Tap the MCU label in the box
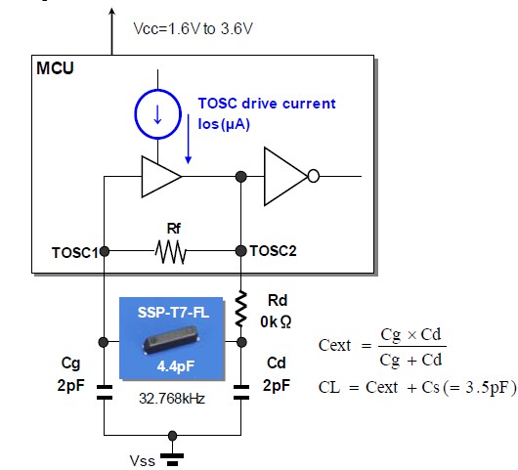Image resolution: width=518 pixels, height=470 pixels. tap(55, 68)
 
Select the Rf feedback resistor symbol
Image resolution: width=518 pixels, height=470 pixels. tap(170, 252)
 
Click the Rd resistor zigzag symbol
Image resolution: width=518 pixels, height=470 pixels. tap(241, 309)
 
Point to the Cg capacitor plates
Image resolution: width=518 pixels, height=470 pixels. tap(104, 392)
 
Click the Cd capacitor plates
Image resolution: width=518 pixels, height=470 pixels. tap(241, 392)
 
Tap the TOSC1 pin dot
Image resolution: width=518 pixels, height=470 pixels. tap(104, 252)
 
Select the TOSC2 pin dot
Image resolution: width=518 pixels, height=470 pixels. tap(241, 251)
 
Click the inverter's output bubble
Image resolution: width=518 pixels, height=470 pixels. tap(314, 176)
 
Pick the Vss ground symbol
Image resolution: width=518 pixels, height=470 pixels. tap(172, 459)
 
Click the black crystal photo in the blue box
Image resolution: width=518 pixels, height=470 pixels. tap(169, 339)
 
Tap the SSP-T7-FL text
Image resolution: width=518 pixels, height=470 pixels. tap(173, 313)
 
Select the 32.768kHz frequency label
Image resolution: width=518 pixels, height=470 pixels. tap(172, 399)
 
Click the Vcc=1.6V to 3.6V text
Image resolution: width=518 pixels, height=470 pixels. tap(193, 28)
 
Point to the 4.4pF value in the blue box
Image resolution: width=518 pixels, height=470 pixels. tap(175, 366)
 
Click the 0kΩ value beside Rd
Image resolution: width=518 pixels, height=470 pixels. tap(276, 322)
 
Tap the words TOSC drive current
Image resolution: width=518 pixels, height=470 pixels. tap(267, 104)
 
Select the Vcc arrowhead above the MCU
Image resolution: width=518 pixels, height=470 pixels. tap(112, 11)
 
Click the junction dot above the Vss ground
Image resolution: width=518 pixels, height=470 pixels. tap(172, 436)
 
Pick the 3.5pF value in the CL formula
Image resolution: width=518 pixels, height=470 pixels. tap(486, 387)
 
